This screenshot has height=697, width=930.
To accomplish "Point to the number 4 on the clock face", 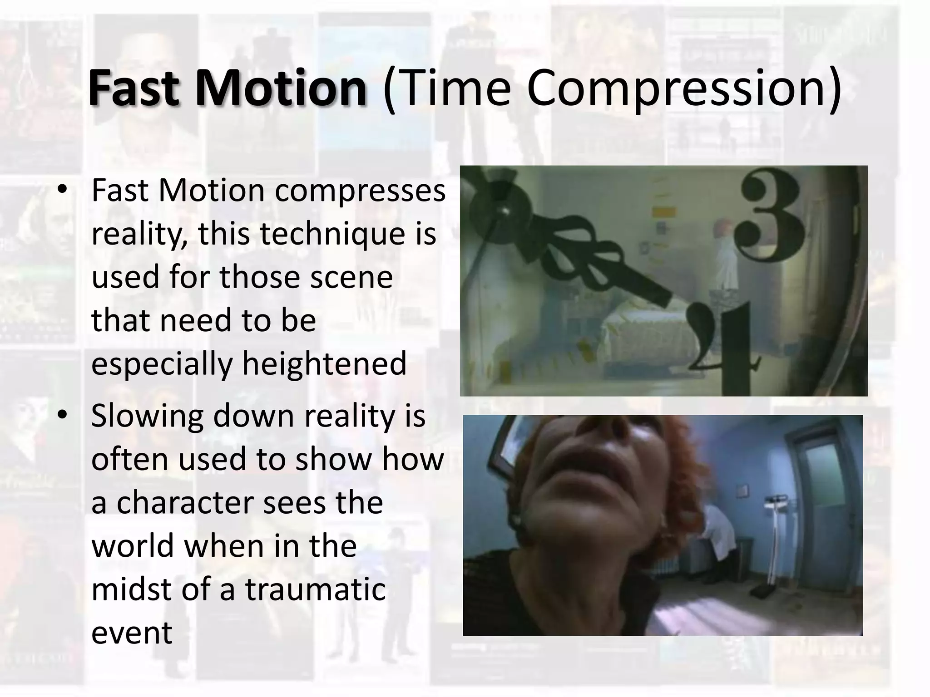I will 722,345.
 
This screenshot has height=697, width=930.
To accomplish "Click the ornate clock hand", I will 568,254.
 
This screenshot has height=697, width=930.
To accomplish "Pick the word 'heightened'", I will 324,363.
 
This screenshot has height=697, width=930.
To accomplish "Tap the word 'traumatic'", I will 315,589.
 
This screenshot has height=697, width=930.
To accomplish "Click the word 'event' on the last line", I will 132,633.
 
